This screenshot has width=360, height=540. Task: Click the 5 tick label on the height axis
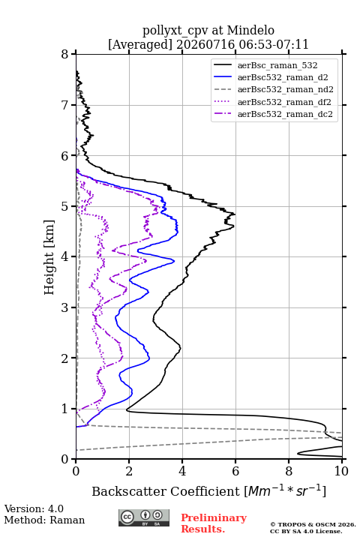[64, 207]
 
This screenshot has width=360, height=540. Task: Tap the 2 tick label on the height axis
[64, 358]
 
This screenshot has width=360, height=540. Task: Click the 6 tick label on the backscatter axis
[235, 471]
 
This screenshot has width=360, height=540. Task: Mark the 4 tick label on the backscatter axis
[182, 471]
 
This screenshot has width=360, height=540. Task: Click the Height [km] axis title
[49, 257]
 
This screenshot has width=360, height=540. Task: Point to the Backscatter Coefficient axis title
[208, 490]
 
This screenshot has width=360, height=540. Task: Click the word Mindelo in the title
[250, 30]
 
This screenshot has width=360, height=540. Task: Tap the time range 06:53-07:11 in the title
[271, 44]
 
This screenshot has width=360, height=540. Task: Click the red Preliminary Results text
[214, 523]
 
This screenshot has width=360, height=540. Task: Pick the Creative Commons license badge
[144, 518]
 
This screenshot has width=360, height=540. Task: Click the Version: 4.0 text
[34, 508]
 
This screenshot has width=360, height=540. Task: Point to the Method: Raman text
[44, 520]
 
